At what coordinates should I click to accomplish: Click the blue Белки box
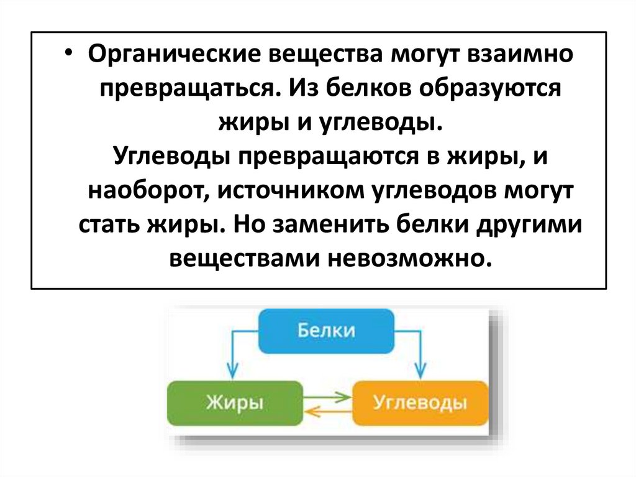pos(326,330)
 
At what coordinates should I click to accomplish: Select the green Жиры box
pos(234,402)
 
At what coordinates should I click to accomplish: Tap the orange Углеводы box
pos(420,402)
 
